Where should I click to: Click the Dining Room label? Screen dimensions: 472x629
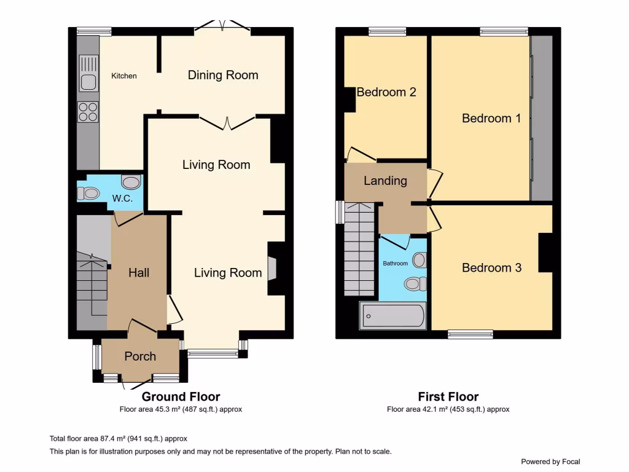coord(223,75)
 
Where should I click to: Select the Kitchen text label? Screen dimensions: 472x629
coord(124,76)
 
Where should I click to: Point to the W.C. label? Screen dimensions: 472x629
coord(123,199)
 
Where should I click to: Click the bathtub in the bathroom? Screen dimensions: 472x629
coord(393,317)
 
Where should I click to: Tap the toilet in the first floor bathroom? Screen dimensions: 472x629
coord(416,283)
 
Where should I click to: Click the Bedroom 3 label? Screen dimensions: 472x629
coord(491,268)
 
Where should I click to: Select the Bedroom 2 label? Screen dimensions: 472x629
coord(386,92)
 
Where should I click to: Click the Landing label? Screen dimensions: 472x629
coord(385,181)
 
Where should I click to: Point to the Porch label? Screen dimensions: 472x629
coord(140,356)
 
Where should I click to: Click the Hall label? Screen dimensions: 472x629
coord(139,272)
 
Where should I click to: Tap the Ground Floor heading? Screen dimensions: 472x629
coord(181,397)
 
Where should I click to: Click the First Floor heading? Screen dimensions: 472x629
coord(448,397)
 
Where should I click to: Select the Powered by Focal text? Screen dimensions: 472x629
coord(550,462)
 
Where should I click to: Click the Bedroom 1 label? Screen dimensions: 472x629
coord(491,118)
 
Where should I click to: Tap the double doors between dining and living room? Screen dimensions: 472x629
coord(227,122)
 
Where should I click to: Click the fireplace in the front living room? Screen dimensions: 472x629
coord(272,269)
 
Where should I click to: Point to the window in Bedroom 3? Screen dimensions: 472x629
coord(471,334)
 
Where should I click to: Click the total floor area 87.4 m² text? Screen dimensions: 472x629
coord(118,439)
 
